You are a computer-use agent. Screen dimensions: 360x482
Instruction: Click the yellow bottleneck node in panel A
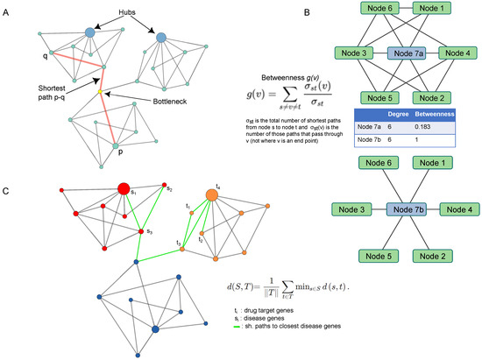point(105,92)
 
